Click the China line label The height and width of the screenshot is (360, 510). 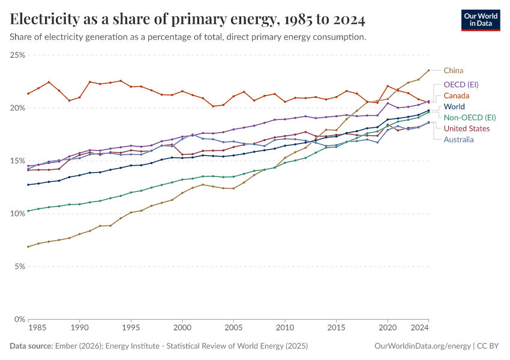pos(454,70)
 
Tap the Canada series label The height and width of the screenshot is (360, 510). pos(457,95)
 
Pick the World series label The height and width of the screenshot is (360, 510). pos(454,107)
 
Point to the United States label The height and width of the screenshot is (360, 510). pos(467,128)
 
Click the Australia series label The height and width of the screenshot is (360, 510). pos(458,140)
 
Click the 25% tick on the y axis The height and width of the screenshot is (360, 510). pos(17,55)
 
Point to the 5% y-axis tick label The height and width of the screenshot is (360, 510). pos(19,266)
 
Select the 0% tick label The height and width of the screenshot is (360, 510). pos(19,319)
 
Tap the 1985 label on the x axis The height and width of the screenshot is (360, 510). pos(37,328)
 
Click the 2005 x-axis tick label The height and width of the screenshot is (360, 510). pos(233,328)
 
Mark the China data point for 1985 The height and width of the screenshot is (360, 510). pos(28,247)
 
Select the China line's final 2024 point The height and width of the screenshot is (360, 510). pos(428,70)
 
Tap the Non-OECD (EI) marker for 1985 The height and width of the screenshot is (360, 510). pos(28,211)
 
